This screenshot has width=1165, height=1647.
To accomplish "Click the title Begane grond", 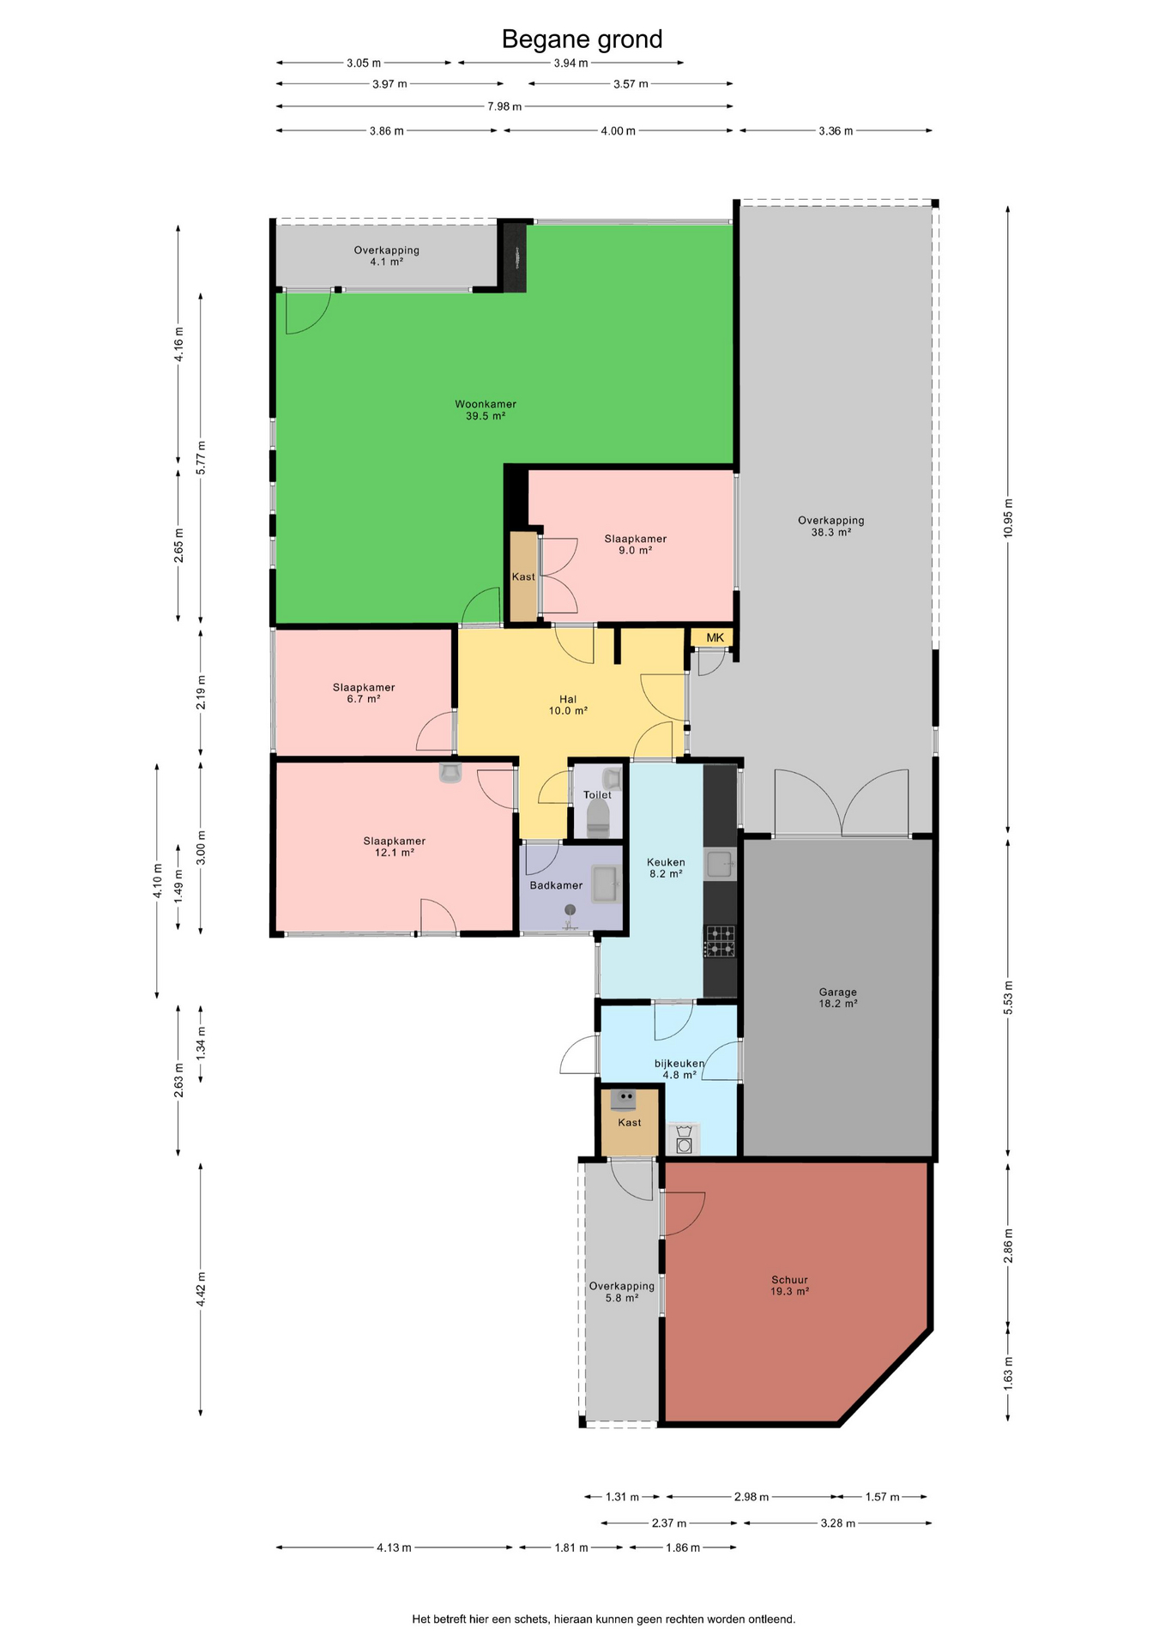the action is [582, 39].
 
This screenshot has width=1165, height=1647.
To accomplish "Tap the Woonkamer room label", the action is [486, 410].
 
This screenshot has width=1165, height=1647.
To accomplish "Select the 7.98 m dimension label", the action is [504, 106].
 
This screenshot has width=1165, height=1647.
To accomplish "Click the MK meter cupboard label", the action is [715, 637].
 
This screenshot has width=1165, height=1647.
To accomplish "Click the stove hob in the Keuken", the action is [720, 941].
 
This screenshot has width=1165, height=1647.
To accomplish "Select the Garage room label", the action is [838, 998].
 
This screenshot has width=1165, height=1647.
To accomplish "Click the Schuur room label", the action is [789, 1285].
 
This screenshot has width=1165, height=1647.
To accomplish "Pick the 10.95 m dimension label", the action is [1008, 518].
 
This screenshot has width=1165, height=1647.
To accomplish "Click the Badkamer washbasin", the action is [605, 884].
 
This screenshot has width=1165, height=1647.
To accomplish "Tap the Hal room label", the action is [568, 705].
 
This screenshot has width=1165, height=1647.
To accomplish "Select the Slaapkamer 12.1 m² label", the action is [395, 847].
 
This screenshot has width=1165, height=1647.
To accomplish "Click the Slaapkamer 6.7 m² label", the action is [364, 693].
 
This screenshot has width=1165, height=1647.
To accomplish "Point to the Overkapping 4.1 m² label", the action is [387, 256].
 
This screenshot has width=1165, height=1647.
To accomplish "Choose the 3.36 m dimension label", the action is [836, 131].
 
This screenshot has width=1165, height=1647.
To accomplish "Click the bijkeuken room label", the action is [679, 1069].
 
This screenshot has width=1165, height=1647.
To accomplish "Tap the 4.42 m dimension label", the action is [202, 1289].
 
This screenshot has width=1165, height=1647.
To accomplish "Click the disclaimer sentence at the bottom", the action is [604, 1620].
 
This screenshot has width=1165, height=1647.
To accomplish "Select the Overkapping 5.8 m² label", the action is [622, 1292].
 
